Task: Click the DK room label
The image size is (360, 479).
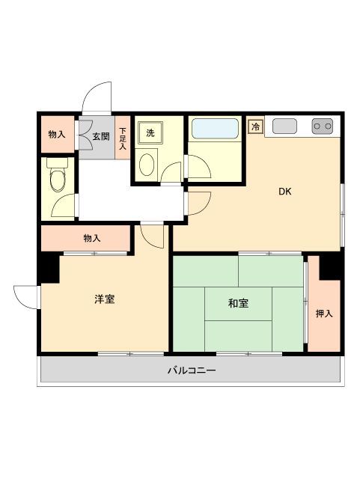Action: [x=284, y=192]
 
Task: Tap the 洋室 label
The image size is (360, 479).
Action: [x=104, y=299]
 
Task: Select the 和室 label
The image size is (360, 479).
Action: [x=238, y=303]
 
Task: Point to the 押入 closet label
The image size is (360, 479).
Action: [x=323, y=314]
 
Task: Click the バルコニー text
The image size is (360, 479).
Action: [x=191, y=370]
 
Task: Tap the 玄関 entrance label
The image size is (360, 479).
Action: [x=101, y=136]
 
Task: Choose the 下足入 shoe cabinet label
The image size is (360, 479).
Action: [x=123, y=138]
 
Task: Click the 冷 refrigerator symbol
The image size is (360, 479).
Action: [x=255, y=126]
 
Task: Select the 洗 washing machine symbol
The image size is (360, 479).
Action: [x=150, y=133]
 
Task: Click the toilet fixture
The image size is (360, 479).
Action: [x=57, y=177]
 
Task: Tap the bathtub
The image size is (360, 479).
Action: [x=215, y=128]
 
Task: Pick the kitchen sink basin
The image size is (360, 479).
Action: [x=284, y=126]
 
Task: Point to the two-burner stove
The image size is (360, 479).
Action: [x=322, y=126]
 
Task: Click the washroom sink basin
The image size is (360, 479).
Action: [x=147, y=163]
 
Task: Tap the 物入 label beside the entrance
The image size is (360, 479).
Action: [x=56, y=135]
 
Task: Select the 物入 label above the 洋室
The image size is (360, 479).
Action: [x=91, y=238]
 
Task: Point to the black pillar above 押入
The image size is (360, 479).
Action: [x=331, y=263]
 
